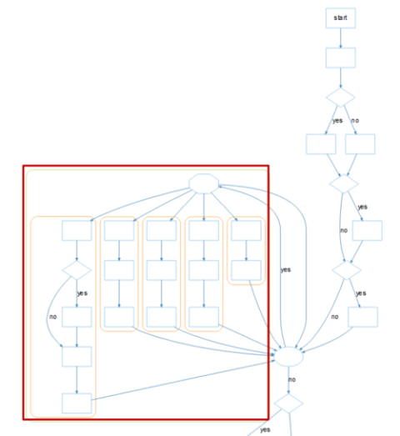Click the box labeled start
point(341,18)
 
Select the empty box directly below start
point(341,58)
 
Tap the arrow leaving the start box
point(341,38)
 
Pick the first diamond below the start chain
point(341,98)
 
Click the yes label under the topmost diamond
point(337,121)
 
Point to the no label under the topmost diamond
point(355,120)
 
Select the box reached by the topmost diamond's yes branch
point(321,144)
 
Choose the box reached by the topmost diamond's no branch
point(360,144)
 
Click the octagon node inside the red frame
point(204,183)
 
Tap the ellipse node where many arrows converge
point(288,357)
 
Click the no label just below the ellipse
point(292,379)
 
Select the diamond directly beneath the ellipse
point(288,403)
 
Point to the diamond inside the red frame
point(77,270)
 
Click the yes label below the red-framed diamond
point(82,293)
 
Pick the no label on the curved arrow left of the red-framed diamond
point(52,317)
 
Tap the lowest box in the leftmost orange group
point(77,403)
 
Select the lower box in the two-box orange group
point(247,270)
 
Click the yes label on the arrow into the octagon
point(286,270)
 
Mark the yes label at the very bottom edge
point(265,430)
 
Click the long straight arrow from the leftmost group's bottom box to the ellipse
point(183,380)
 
